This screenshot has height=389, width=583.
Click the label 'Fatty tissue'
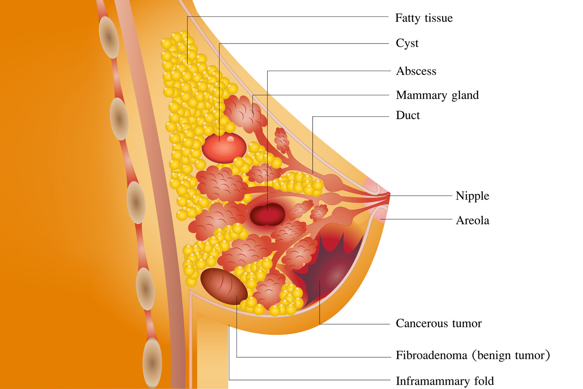[x=424, y=18]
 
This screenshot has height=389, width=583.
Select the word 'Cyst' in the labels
[x=407, y=43]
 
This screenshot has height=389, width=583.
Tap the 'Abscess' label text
[x=416, y=71]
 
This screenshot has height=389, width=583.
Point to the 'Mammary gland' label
[x=437, y=95]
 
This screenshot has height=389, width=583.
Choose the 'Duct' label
[x=408, y=115]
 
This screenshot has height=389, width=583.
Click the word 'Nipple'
[x=472, y=196]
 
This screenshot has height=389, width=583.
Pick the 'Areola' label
[x=472, y=221]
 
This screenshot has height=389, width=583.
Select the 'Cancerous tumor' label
[x=439, y=323]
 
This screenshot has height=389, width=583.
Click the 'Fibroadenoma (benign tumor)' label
[x=473, y=355]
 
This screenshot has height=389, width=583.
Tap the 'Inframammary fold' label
[x=445, y=381]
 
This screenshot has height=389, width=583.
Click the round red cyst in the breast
[x=224, y=148]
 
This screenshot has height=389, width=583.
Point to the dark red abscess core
[x=267, y=214]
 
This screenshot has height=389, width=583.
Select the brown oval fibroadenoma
[x=224, y=286]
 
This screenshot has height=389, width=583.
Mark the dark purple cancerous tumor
[x=330, y=271]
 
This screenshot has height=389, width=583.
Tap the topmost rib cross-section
[x=109, y=37]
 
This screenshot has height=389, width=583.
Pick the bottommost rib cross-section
[x=152, y=363]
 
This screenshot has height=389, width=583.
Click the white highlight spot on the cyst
[x=230, y=139]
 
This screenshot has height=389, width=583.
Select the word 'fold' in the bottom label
[x=484, y=381]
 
